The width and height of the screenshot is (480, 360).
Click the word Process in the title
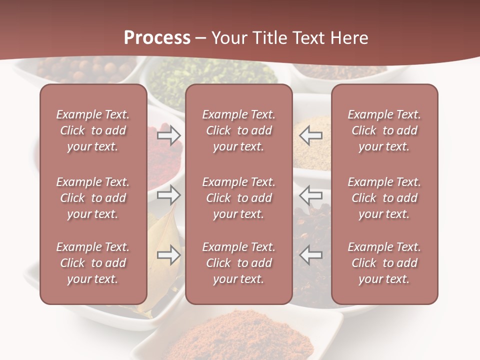[x=157, y=38]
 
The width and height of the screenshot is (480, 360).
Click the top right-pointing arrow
[x=169, y=135]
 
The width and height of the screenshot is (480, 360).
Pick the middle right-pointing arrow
[x=169, y=194]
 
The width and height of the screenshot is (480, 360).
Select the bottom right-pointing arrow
[x=169, y=254]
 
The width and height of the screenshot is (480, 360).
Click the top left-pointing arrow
[x=310, y=135]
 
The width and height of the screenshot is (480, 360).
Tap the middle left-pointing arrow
[x=310, y=194]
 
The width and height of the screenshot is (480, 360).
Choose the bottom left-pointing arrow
[x=310, y=254]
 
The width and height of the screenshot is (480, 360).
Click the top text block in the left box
[x=93, y=130]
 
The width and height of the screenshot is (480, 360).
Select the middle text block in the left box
[x=93, y=198]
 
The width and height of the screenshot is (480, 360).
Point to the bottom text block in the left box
[x=93, y=263]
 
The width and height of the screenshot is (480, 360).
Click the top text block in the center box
[x=238, y=130]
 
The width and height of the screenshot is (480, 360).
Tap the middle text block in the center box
[x=238, y=198]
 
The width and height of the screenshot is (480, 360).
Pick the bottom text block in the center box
[x=238, y=263]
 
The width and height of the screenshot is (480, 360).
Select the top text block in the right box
[x=384, y=130]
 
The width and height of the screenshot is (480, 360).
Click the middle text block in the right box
[x=384, y=198]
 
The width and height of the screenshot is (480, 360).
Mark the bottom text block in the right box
[x=384, y=263]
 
